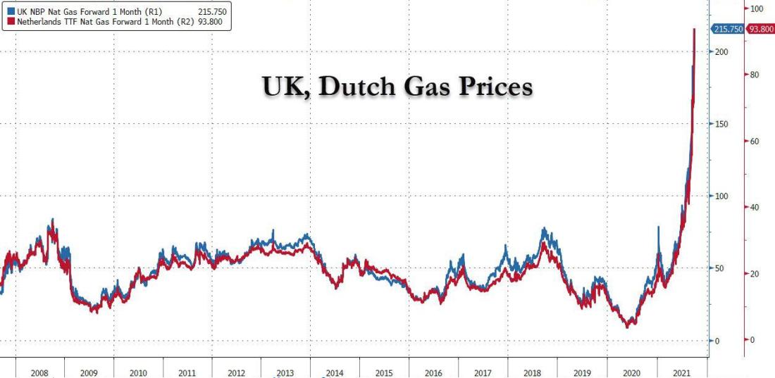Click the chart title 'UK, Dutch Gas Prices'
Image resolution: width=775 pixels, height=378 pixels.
tap(397, 87)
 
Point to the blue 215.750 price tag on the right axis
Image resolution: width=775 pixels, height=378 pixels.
tap(728, 29)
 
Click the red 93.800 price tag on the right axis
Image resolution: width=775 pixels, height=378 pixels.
tap(760, 29)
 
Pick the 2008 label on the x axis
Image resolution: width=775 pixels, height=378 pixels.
tap(39, 372)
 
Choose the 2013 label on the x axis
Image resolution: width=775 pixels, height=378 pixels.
tap(285, 372)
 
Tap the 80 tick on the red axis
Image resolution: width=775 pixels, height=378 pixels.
tap(757, 75)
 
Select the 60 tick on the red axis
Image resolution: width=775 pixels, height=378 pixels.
tap(757, 141)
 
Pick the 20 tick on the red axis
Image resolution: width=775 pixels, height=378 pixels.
tap(757, 274)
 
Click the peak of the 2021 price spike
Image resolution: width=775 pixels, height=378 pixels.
tap(695, 30)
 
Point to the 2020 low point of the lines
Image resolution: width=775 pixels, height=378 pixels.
tap(628, 325)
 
